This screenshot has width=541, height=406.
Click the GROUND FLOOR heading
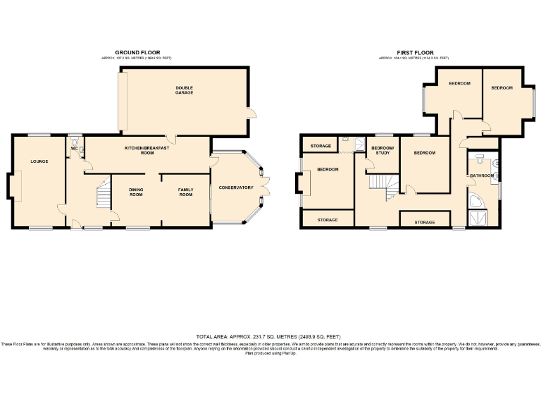pos(138,52)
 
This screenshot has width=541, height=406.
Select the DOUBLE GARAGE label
pos(185,90)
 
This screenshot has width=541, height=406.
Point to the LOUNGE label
pos(39,161)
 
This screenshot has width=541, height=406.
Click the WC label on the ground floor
pos(74,149)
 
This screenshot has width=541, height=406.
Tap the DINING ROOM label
pos(136,192)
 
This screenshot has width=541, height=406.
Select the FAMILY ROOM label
pos(185,192)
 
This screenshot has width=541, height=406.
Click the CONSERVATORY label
pos(236,187)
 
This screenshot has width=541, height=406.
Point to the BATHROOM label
pos(483,175)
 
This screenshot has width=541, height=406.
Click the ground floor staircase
pos(103,194)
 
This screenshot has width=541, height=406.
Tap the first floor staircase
pos(382,185)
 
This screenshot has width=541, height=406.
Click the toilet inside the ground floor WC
pos(75,139)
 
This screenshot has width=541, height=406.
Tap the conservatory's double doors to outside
pos(268,185)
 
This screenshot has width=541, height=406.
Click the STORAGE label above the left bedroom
pos(321,146)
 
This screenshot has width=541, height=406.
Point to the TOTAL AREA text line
pos(270,338)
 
